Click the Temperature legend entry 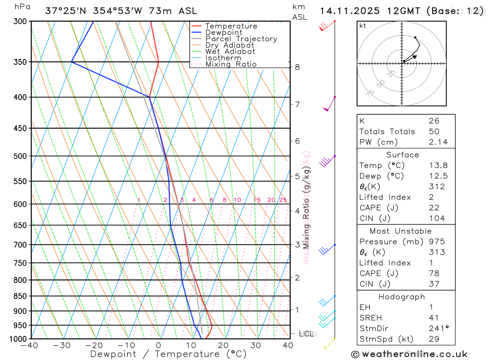click(x=231, y=26)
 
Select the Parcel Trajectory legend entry click(x=241, y=39)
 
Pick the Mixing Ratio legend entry click(x=231, y=64)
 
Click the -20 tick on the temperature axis click(x=94, y=345)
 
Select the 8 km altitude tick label click(x=297, y=67)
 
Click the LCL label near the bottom click(x=306, y=334)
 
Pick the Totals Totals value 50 click(x=434, y=132)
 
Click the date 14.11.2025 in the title click(x=346, y=11)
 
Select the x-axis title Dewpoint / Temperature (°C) click(x=168, y=354)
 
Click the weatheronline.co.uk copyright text click(x=409, y=354)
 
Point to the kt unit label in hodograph click(x=362, y=26)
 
